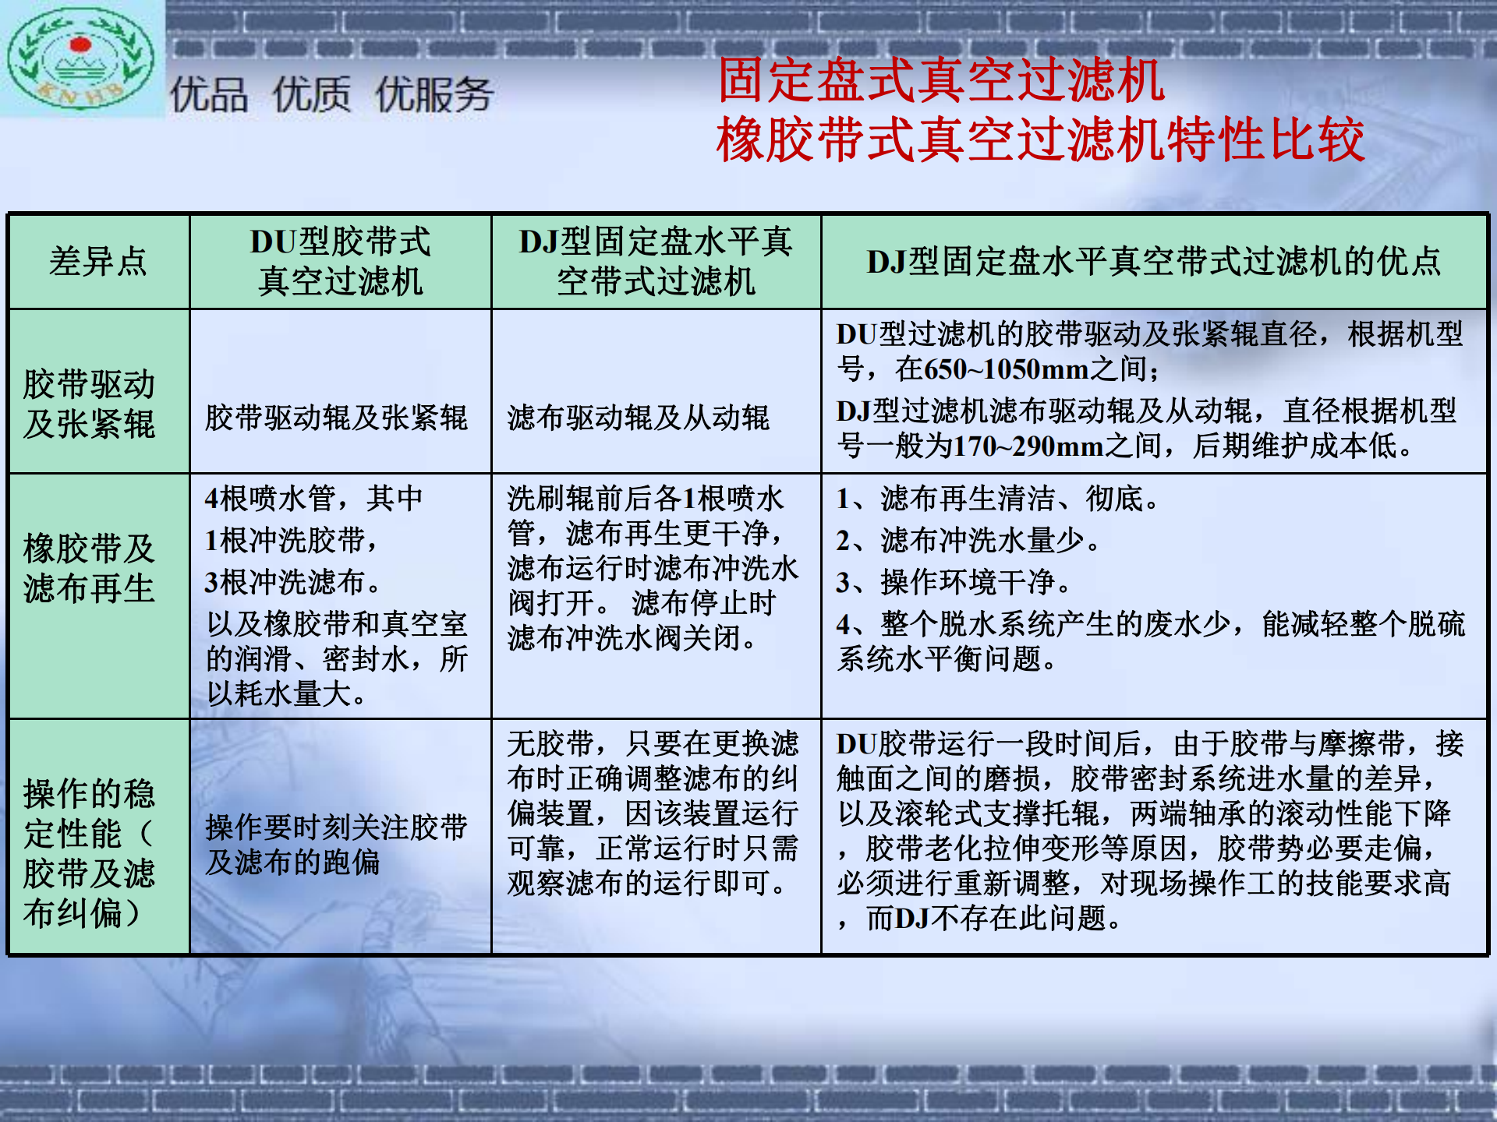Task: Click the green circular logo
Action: pyautogui.click(x=80, y=58)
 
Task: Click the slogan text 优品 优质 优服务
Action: pyautogui.click(x=332, y=95)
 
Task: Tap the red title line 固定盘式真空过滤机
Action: pyautogui.click(x=941, y=80)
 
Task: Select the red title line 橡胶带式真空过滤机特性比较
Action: pyautogui.click(x=1041, y=139)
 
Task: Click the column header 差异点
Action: pyautogui.click(x=98, y=261)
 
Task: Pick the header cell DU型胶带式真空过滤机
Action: pyautogui.click(x=341, y=261)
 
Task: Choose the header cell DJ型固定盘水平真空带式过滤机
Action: pyautogui.click(x=656, y=261)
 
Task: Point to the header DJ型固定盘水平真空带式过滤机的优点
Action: pyautogui.click(x=1154, y=262)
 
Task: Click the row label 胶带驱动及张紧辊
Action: pyautogui.click(x=89, y=404)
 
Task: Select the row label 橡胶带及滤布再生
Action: pyautogui.click(x=89, y=569)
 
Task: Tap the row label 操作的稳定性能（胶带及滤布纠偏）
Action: pyautogui.click(x=89, y=854)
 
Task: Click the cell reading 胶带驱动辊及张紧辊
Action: pyautogui.click(x=336, y=418)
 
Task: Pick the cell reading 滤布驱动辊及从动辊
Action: pyautogui.click(x=639, y=418)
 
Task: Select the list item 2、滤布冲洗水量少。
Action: pyautogui.click(x=968, y=540)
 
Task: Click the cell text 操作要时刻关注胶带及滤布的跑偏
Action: pyautogui.click(x=336, y=845)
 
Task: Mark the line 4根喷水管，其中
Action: pyautogui.click(x=313, y=498)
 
